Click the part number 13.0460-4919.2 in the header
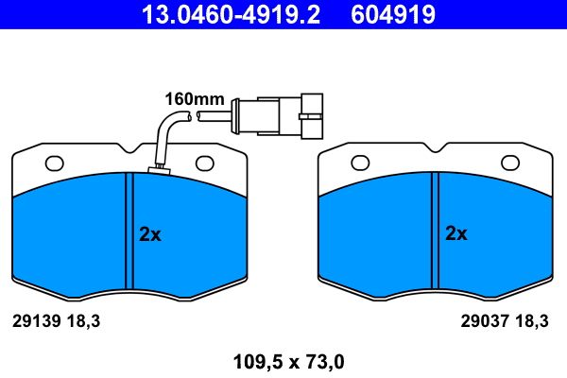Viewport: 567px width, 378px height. pos(231,14)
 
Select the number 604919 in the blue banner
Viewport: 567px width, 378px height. pos(393,14)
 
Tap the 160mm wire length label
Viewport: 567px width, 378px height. pos(195,99)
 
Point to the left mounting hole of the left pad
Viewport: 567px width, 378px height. pos(54,163)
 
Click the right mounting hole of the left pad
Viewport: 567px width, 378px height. pos(205,163)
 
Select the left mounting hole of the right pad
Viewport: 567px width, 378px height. pos(360,163)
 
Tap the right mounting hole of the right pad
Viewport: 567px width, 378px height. pos(510,163)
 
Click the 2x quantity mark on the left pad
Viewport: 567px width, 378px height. pos(150,235)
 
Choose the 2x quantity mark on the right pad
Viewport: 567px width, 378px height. pos(456,233)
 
